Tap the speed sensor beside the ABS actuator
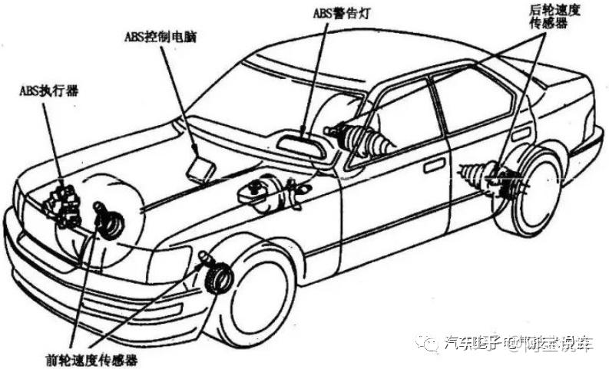point(107,218)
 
